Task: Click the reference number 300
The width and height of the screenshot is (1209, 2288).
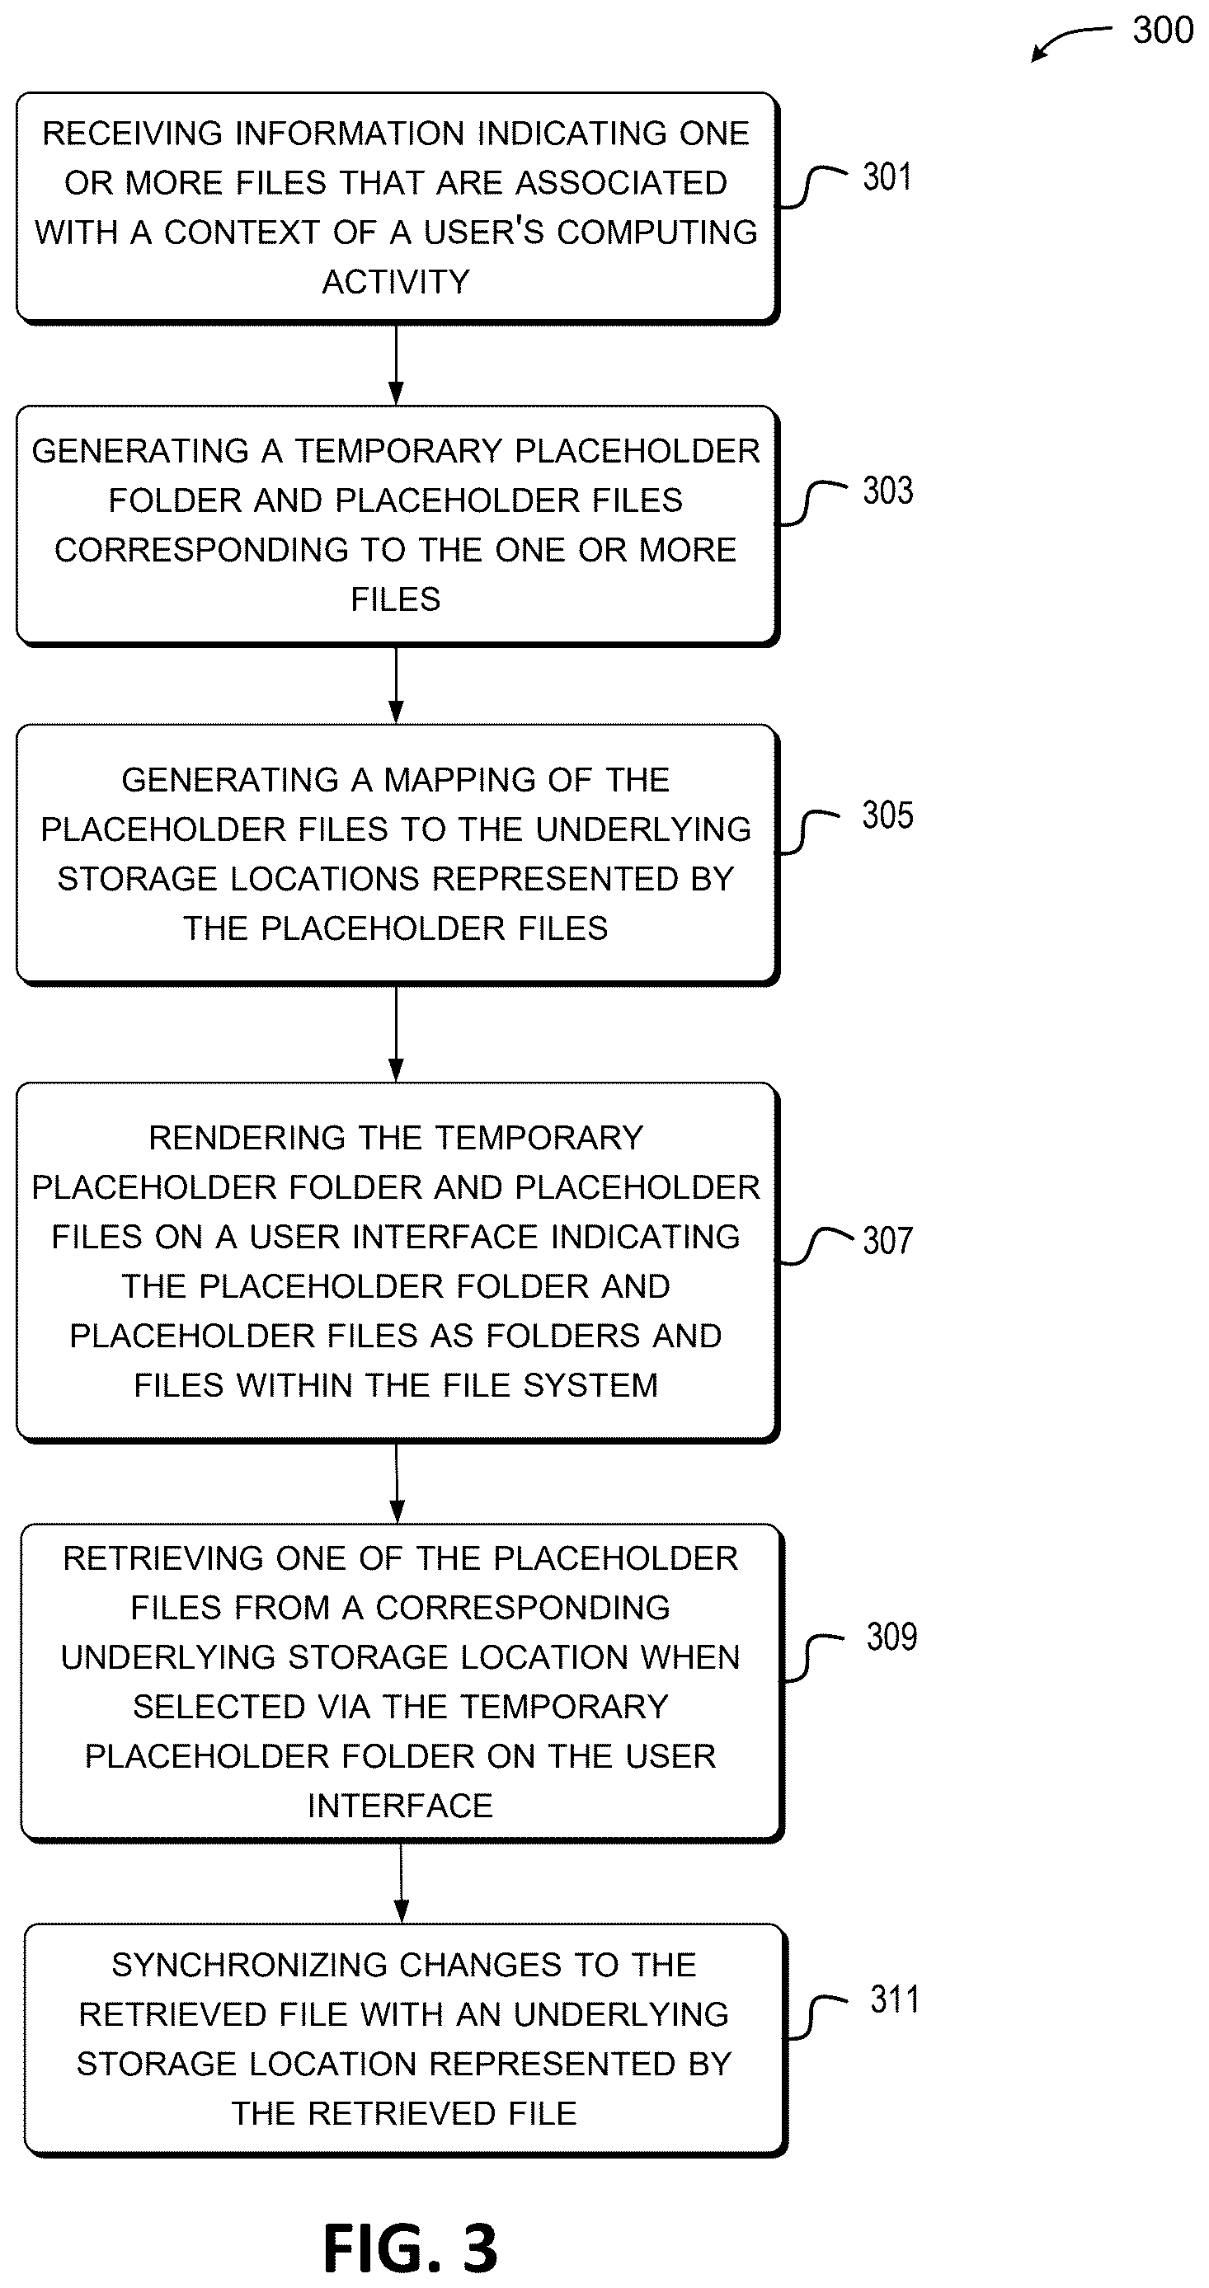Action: [x=1162, y=31]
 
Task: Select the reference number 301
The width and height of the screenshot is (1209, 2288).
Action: [x=887, y=176]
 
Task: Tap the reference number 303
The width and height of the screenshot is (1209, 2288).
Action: [x=887, y=491]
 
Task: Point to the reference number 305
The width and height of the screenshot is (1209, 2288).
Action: [x=887, y=815]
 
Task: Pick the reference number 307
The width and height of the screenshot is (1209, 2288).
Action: [x=887, y=1240]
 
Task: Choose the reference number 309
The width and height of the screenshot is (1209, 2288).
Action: [x=891, y=1637]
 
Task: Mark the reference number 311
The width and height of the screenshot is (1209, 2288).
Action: [x=895, y=1999]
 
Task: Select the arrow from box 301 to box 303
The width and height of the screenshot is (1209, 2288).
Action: [x=396, y=364]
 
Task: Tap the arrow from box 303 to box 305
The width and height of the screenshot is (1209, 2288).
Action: [x=396, y=685]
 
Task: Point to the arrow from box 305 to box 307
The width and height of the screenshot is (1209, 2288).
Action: [x=396, y=1034]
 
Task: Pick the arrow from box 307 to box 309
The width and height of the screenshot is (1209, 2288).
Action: [x=397, y=1482]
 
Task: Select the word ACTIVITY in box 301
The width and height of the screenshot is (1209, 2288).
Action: [x=395, y=281]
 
